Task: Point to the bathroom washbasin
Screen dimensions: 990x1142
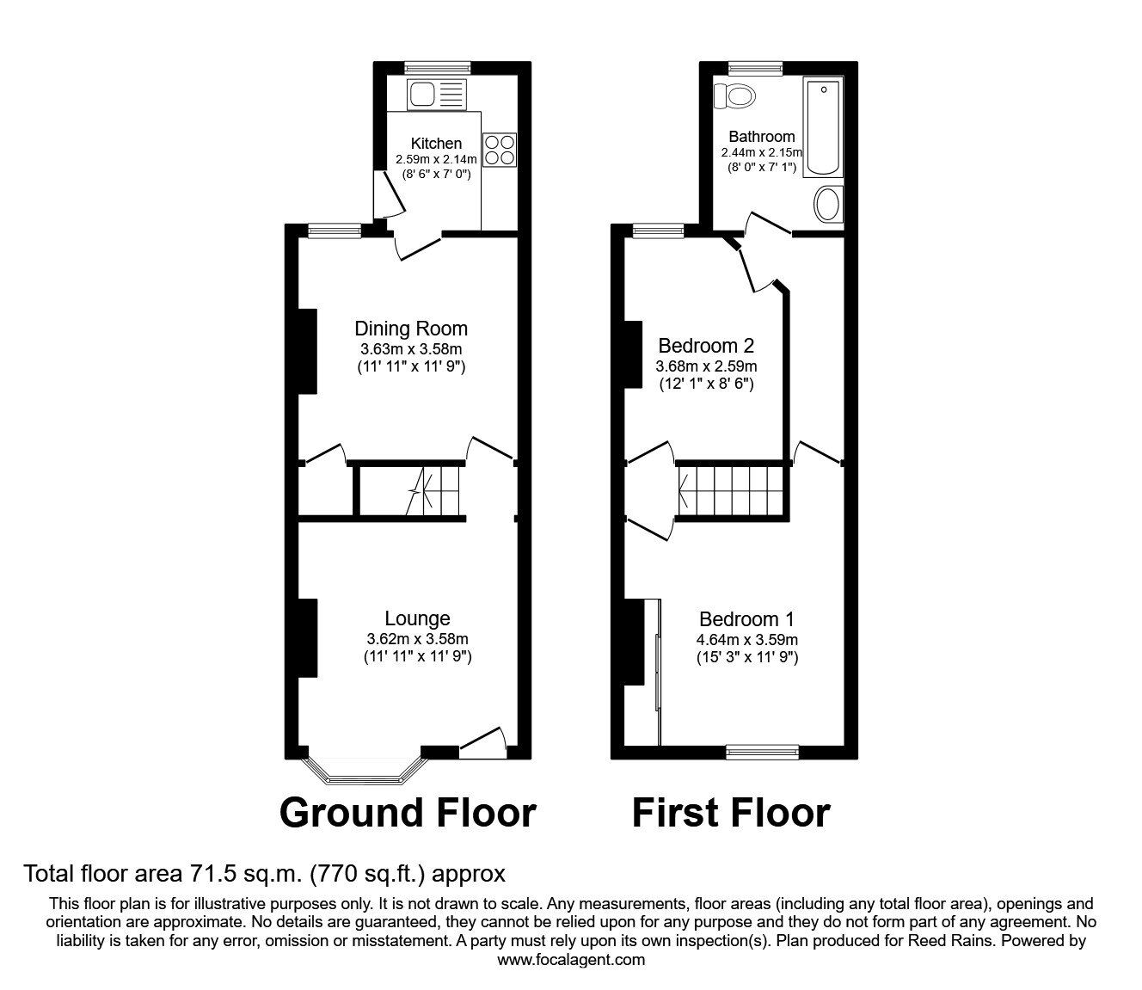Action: (828, 205)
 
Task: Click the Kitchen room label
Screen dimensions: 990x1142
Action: (436, 144)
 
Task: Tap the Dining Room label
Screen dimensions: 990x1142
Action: (411, 329)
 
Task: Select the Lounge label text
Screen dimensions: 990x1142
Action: (417, 618)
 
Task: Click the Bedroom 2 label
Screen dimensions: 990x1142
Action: (705, 346)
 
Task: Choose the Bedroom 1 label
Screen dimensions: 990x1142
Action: (746, 619)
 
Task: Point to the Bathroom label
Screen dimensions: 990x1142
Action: (761, 137)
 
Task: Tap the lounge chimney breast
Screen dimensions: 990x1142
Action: (307, 638)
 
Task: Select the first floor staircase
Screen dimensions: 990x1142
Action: (731, 491)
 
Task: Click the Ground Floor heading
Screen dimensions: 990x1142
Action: (408, 813)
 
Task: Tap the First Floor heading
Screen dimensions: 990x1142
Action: (731, 813)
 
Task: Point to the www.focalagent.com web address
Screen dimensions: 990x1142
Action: (571, 960)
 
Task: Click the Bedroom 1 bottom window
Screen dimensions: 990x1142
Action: (762, 750)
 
